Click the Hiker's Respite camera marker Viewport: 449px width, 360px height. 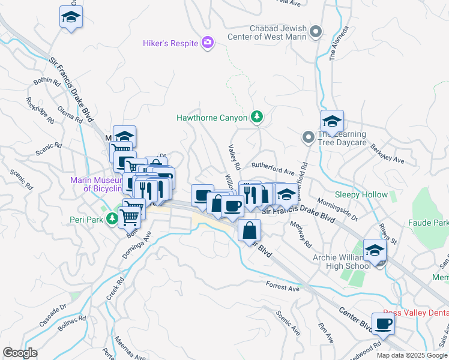click(x=208, y=42)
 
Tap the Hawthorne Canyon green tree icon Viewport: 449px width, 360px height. click(x=257, y=118)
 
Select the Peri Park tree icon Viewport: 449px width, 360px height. click(x=111, y=219)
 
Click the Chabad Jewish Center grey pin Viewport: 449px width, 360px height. click(x=316, y=32)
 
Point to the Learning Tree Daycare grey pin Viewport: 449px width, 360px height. click(x=308, y=138)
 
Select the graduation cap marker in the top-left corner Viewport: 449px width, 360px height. click(x=71, y=17)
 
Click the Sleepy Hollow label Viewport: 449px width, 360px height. click(x=361, y=195)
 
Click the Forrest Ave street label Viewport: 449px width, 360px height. click(x=282, y=288)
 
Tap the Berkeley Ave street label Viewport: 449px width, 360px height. click(x=387, y=154)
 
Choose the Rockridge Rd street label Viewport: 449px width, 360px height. click(x=39, y=111)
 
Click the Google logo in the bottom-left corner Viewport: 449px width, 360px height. click(x=20, y=352)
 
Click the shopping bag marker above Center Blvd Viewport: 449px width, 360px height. click(x=249, y=230)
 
